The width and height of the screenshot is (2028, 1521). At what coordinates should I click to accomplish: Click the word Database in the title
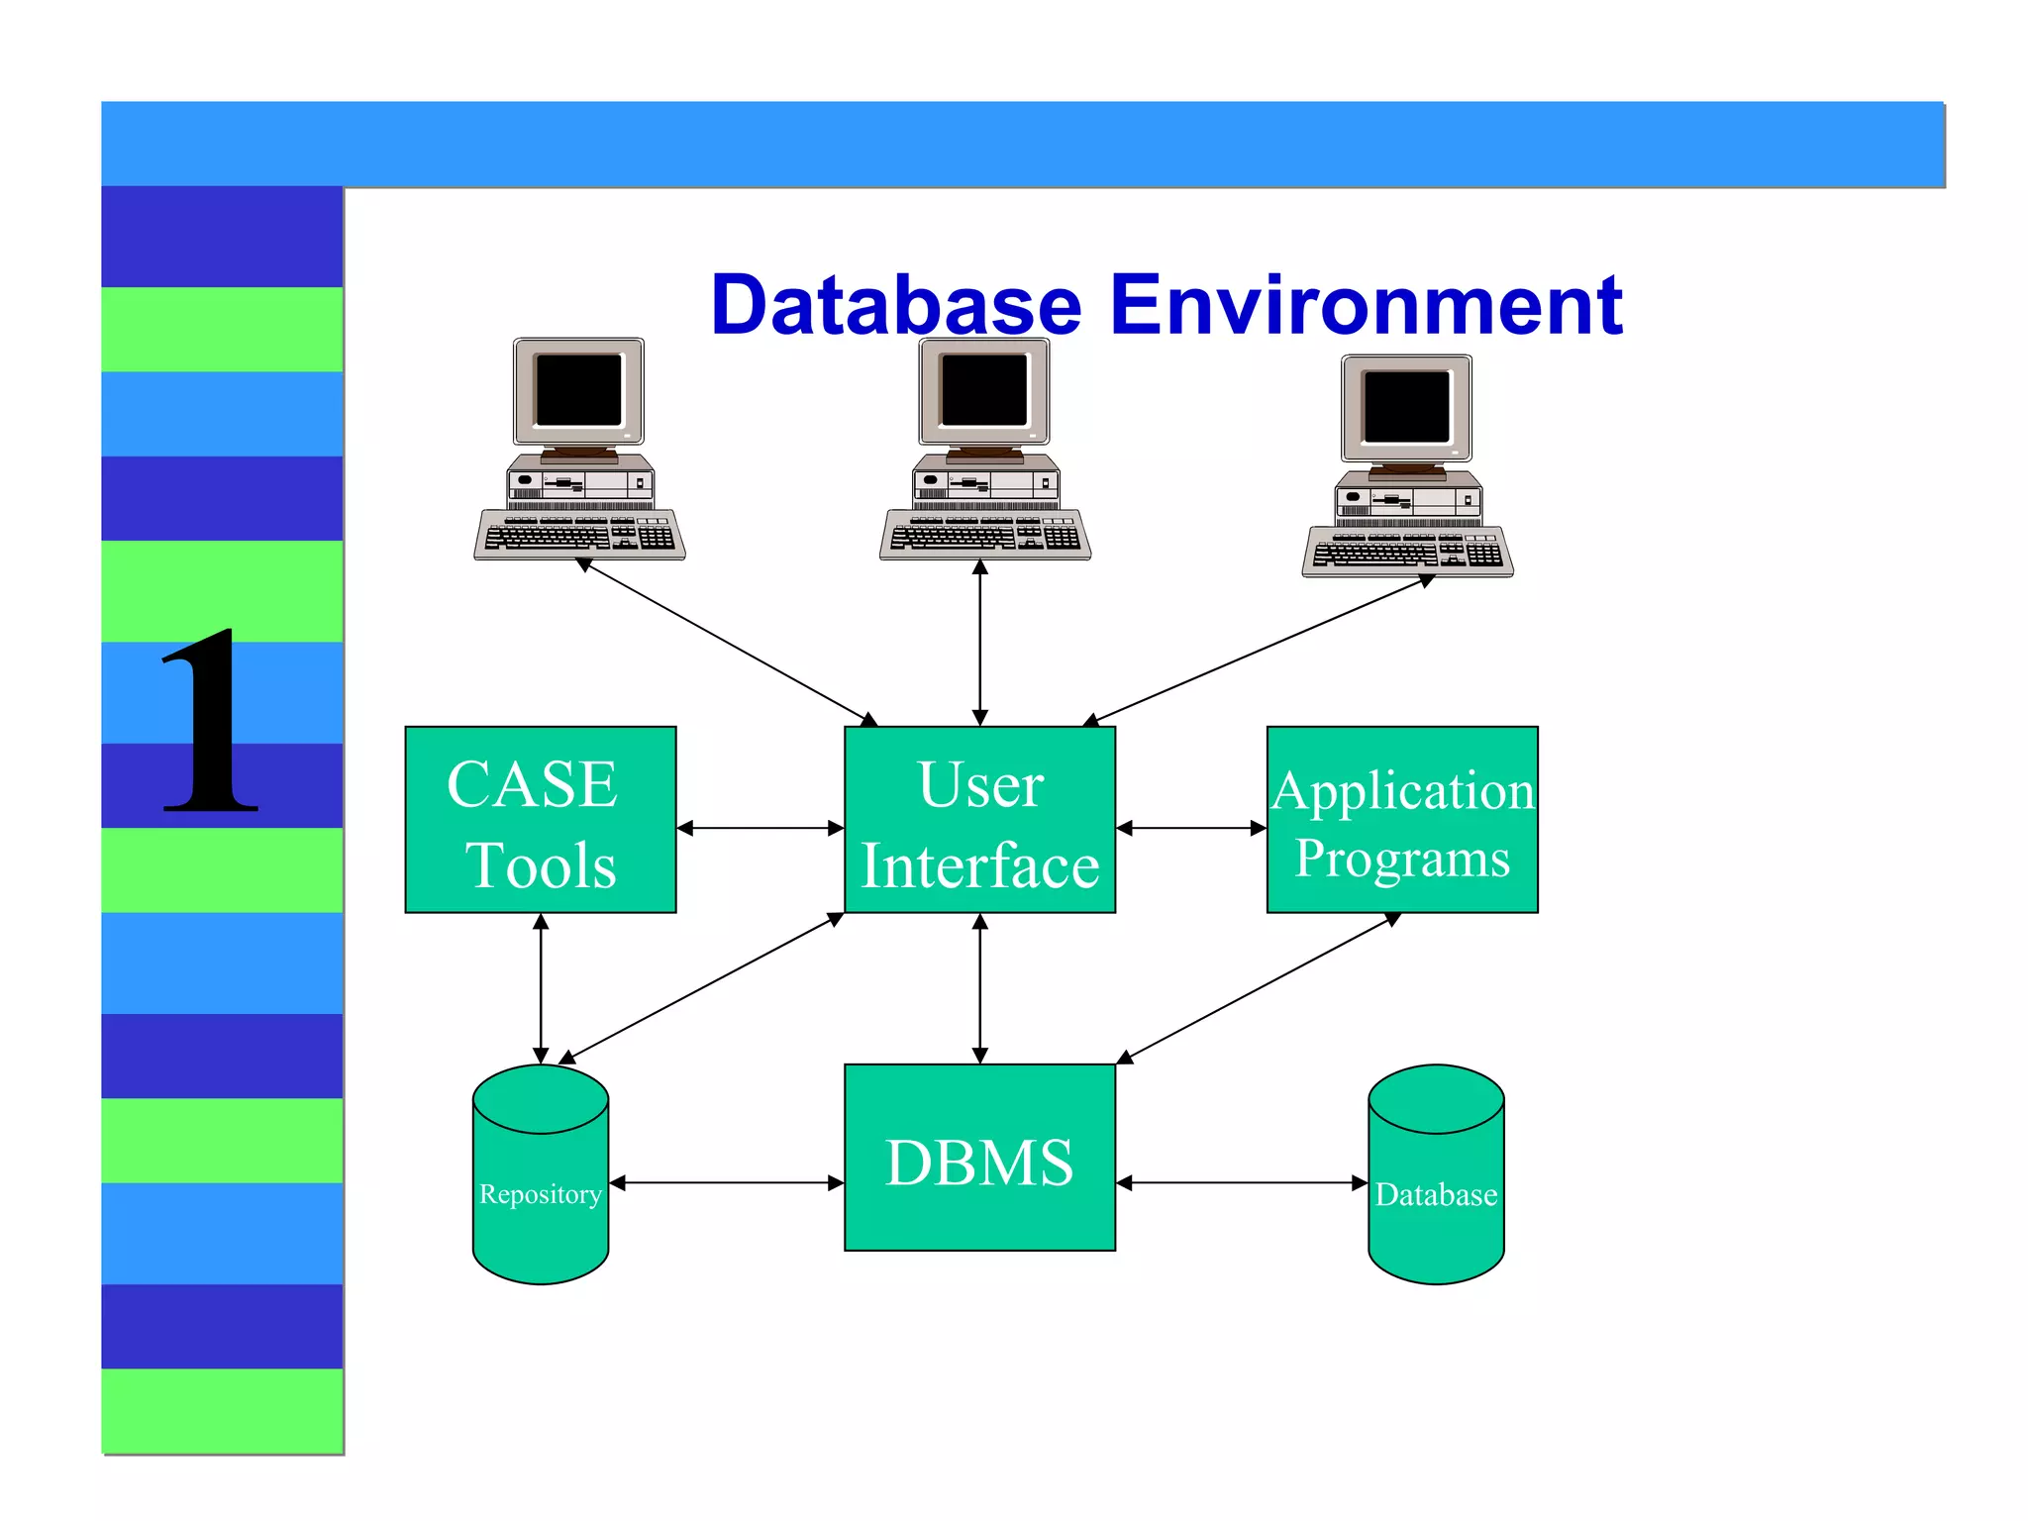(896, 305)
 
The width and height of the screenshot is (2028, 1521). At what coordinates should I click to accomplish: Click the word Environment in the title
(1366, 305)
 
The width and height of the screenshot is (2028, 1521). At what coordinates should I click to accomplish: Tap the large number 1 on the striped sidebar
(210, 723)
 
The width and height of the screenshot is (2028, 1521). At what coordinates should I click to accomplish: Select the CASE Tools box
(541, 820)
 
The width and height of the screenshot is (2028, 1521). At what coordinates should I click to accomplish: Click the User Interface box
(979, 820)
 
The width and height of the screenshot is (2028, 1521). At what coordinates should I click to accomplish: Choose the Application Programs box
(1402, 820)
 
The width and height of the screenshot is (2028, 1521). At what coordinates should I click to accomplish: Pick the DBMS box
(979, 1159)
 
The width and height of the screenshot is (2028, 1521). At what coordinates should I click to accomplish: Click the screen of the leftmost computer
(578, 389)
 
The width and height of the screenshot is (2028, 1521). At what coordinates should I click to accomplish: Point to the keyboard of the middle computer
(985, 536)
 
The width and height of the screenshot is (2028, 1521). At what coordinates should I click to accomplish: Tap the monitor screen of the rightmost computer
(1406, 406)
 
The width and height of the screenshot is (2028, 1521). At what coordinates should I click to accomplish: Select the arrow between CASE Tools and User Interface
(760, 828)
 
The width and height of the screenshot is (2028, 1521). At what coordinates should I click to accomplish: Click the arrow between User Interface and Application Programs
(1191, 828)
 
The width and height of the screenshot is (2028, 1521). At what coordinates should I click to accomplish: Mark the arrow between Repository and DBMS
(727, 1182)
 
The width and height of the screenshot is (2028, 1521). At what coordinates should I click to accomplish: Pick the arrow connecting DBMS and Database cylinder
(1242, 1182)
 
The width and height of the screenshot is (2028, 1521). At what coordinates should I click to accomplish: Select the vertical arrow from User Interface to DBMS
(979, 988)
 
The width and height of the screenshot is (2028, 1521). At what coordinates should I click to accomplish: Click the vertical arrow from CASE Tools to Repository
(541, 988)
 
